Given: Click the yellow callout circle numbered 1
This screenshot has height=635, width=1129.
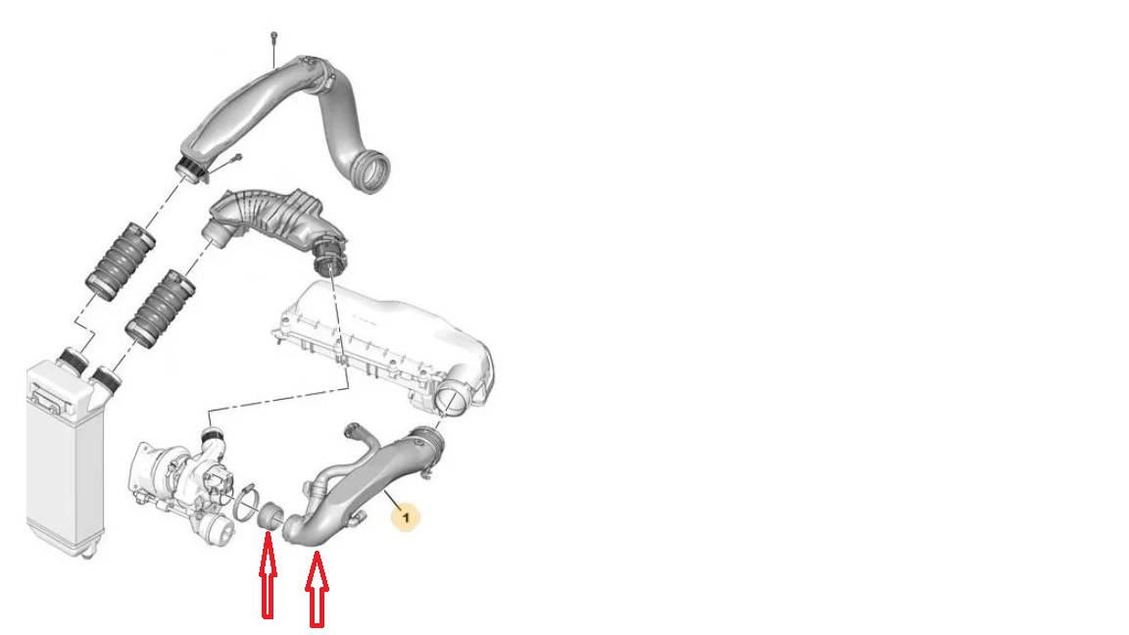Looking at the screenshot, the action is click(406, 517).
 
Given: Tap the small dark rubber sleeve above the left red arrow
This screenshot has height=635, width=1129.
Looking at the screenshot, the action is click(270, 516).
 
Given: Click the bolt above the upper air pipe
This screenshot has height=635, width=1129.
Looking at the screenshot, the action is click(273, 49).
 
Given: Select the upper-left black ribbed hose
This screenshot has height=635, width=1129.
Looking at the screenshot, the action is click(121, 261).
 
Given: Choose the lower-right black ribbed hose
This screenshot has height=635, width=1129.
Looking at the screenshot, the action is click(160, 308).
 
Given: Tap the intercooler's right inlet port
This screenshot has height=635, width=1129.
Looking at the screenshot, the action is click(106, 378).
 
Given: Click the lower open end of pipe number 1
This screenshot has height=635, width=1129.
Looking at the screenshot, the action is click(293, 530).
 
